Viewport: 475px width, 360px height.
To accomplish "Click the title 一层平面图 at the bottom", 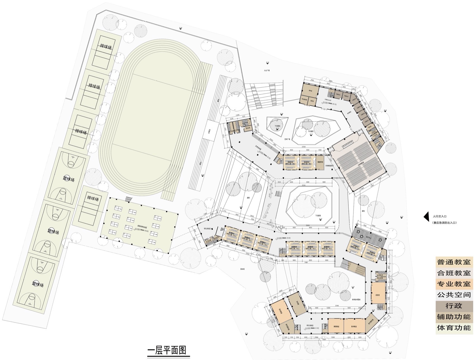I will point(167,350).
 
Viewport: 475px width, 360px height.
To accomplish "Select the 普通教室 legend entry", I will point(454,262).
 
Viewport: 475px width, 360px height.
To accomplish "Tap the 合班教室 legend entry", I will point(454,273).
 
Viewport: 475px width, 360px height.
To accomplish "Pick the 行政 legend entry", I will point(454,306).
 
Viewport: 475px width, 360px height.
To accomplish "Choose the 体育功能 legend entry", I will point(454,328).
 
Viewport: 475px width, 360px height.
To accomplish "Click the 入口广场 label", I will point(267,71).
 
